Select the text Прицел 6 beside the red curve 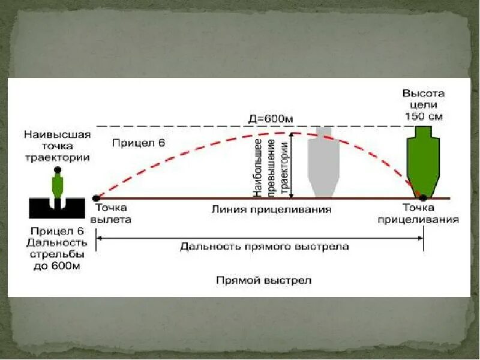138,143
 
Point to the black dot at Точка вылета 96,197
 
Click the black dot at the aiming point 423,197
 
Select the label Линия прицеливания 271,209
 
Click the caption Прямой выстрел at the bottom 265,280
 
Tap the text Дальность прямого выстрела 264,246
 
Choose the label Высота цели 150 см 423,104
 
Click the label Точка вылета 113,214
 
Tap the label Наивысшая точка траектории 58,146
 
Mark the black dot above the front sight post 58,170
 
